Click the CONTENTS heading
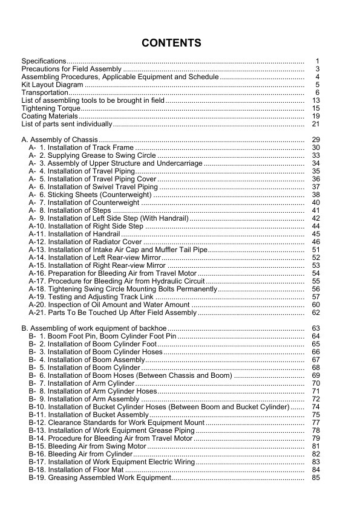[x=171, y=43]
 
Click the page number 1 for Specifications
[x=316, y=61]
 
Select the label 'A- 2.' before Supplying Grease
[x=37, y=155]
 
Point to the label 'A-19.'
[x=37, y=297]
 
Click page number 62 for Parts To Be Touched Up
[x=315, y=313]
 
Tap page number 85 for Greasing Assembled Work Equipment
[x=315, y=478]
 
